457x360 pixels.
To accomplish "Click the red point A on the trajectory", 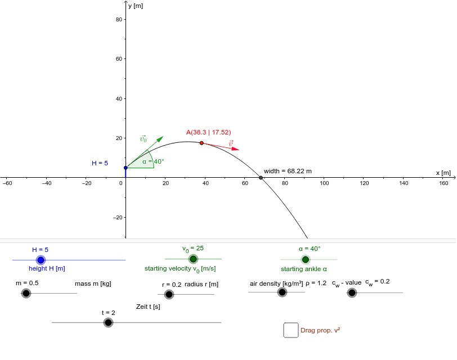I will tap(201, 143).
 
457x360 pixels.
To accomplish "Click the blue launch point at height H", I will tap(126, 168).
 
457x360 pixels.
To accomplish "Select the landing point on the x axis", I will tap(261, 178).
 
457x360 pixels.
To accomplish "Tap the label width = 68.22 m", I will tap(288, 170).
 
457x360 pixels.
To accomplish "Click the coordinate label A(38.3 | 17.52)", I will tap(208, 133).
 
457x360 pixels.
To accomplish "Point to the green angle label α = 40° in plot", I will tap(153, 161).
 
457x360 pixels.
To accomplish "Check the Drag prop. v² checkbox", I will tap(291, 330).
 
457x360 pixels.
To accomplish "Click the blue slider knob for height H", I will tap(41, 260).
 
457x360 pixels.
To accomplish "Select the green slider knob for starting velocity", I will tap(193, 259).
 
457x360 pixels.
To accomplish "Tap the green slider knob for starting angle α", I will tap(305, 259).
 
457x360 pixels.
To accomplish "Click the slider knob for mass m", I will tap(26, 293).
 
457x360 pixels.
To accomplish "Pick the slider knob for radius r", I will tap(169, 294).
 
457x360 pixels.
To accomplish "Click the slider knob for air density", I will tap(282, 292).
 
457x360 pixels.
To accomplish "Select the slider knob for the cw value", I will tap(352, 292).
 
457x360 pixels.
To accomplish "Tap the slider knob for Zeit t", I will tap(108, 322).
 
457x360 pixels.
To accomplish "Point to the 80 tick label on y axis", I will tap(119, 19).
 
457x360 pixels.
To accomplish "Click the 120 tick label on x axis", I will tap(364, 183).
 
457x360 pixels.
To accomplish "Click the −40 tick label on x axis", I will tap(46, 183).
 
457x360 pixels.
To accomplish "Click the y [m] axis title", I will tap(135, 6).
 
